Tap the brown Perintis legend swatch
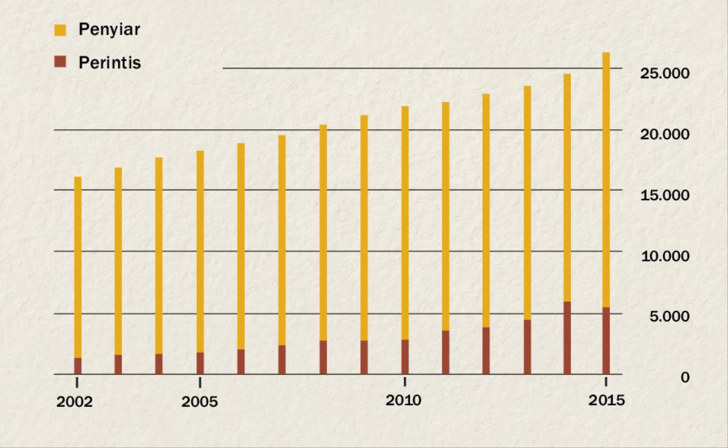click(x=59, y=62)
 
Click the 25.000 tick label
click(x=665, y=73)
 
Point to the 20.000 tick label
click(x=665, y=134)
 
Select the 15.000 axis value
click(x=665, y=195)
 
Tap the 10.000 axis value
click(x=665, y=256)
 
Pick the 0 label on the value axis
click(x=685, y=377)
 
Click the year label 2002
click(x=75, y=403)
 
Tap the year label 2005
click(x=199, y=403)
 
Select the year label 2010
click(x=403, y=401)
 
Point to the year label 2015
click(x=606, y=401)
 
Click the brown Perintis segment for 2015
click(x=606, y=341)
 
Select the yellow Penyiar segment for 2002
click(x=78, y=267)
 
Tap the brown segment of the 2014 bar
click(x=567, y=338)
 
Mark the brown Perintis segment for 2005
click(x=200, y=363)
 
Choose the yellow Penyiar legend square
click(x=59, y=29)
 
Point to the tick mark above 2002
click(x=77, y=381)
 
